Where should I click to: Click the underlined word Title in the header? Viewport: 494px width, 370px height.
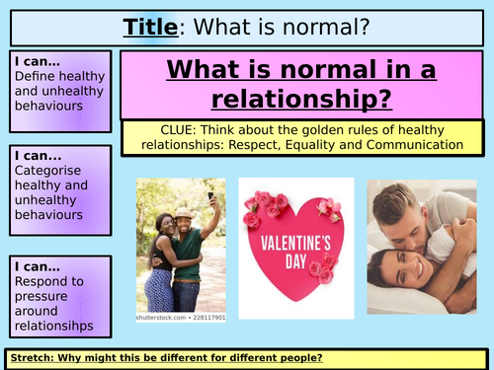pos(151,26)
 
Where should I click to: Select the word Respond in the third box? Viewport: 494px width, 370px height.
pos(39,280)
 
